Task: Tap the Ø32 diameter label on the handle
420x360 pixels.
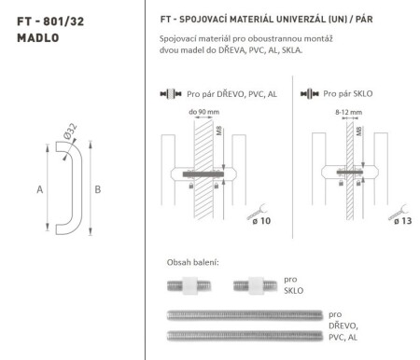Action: [73, 139]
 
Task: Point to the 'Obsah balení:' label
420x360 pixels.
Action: [192, 262]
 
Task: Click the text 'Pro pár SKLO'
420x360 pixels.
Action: [350, 94]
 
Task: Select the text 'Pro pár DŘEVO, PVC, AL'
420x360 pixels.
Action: [229, 94]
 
